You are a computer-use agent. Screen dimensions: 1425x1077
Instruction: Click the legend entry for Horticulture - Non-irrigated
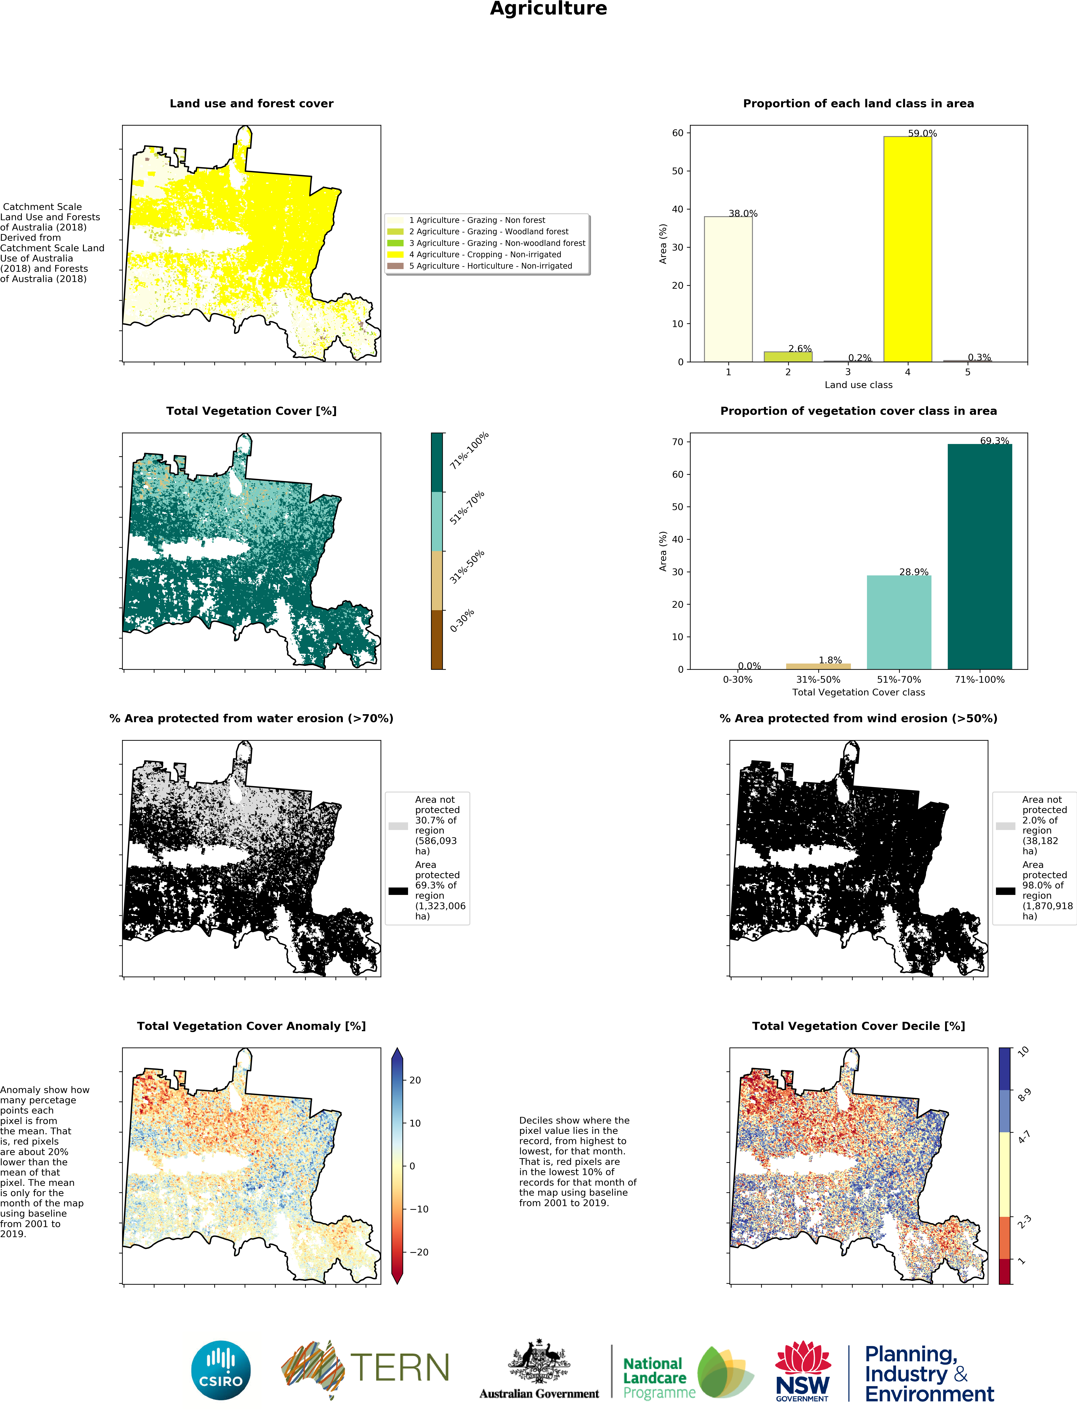(490, 266)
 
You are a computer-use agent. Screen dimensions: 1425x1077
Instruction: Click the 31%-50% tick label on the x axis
(818, 680)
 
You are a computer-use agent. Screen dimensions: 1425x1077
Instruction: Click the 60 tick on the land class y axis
(677, 133)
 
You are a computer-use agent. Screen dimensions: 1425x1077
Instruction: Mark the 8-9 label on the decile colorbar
(1023, 1095)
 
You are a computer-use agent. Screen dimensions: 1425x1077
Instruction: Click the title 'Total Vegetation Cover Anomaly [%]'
(251, 1026)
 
